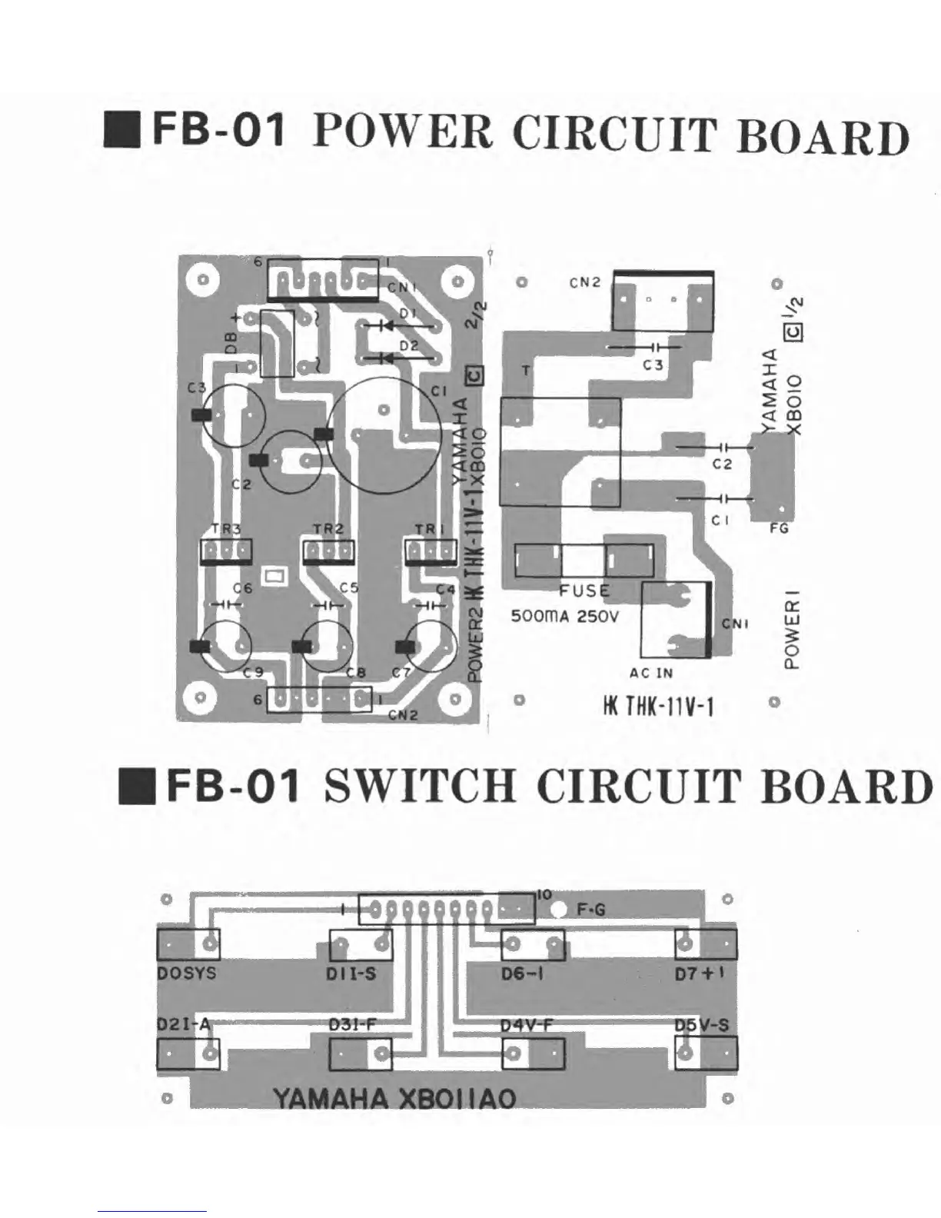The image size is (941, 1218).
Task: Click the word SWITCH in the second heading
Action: pos(419,787)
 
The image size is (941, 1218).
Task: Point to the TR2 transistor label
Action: pos(328,529)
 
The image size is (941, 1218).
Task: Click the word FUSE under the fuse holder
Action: pos(584,591)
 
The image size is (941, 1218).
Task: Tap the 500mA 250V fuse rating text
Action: pos(564,617)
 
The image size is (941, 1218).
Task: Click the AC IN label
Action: pos(650,673)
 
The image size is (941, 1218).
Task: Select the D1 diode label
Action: pos(407,314)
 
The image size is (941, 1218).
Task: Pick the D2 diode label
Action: pos(408,346)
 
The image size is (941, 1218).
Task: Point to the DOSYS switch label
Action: pos(187,973)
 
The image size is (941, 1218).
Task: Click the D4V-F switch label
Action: pos(527,1025)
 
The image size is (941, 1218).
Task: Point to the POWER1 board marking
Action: pos(793,629)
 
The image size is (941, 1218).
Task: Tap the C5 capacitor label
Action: pos(349,588)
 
